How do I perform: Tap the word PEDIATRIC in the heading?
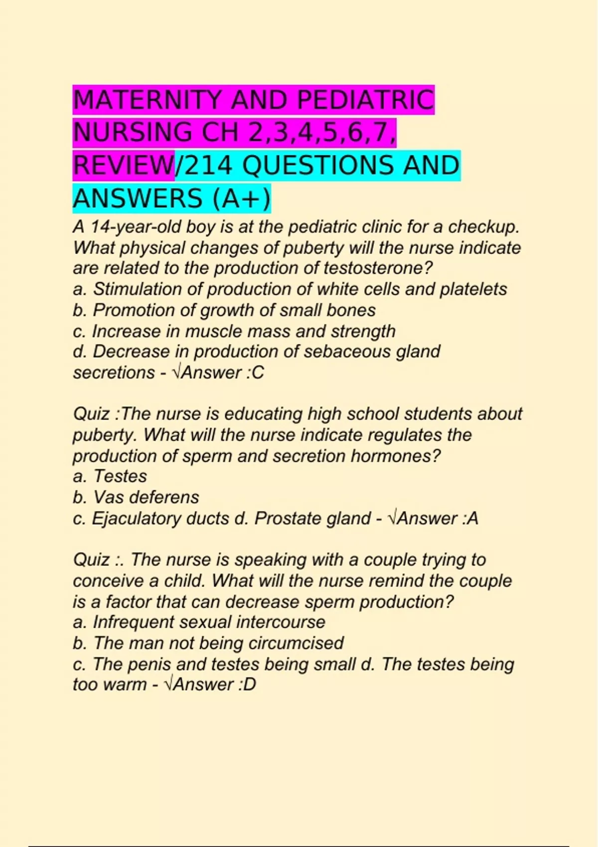coord(365,100)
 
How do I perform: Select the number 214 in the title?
coord(206,166)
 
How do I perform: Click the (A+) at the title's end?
coord(241,199)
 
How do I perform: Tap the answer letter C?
coord(258,373)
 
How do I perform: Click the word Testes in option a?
coord(120,476)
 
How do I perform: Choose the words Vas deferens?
coord(146,497)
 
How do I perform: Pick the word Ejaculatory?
coord(136,519)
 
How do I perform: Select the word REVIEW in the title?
coord(123,166)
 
